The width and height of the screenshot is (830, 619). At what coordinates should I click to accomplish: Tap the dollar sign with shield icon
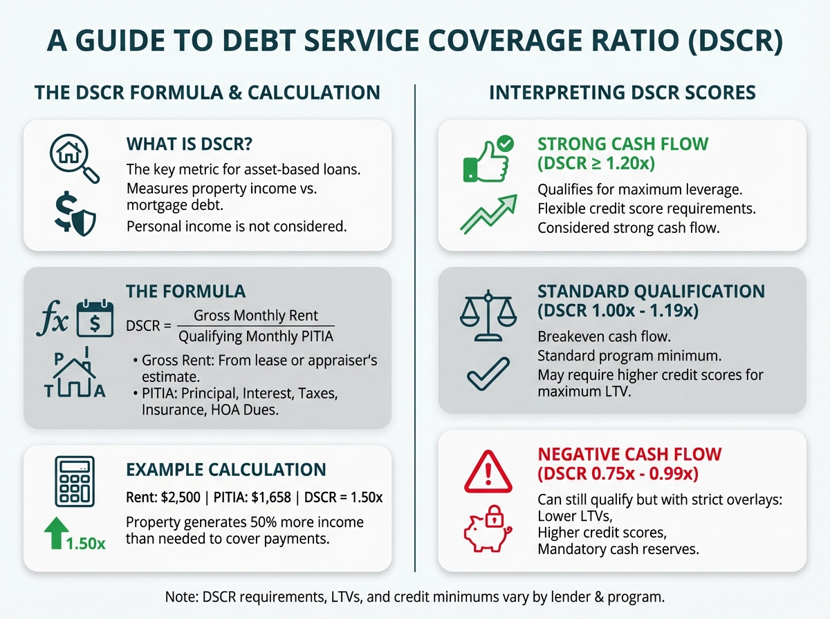(75, 213)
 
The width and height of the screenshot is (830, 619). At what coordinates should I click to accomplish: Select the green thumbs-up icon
(488, 159)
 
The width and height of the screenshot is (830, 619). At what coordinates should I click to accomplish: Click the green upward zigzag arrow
(488, 214)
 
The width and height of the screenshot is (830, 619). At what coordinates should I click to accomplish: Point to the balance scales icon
(488, 316)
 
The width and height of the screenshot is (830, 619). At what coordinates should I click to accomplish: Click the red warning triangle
(488, 472)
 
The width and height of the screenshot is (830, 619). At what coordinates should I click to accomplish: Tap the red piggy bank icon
(488, 529)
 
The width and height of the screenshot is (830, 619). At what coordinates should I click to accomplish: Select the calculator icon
(75, 481)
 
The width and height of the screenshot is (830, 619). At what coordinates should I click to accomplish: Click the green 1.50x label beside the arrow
(86, 544)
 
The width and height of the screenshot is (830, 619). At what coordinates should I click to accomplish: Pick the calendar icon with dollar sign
(95, 318)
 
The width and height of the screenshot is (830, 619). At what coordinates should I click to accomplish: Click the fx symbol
(53, 318)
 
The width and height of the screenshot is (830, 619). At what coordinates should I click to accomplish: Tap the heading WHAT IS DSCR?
(189, 144)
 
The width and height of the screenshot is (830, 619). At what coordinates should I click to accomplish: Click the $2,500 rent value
(181, 497)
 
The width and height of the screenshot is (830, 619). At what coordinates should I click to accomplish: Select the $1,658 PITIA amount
(271, 497)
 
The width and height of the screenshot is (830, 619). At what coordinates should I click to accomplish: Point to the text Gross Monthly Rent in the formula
(256, 315)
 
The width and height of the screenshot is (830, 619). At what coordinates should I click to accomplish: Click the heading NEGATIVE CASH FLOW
(629, 455)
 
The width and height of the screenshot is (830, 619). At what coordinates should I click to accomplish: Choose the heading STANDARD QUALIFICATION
(651, 292)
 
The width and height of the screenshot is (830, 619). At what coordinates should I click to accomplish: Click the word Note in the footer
(181, 597)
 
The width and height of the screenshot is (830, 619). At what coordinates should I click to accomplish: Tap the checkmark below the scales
(488, 374)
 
